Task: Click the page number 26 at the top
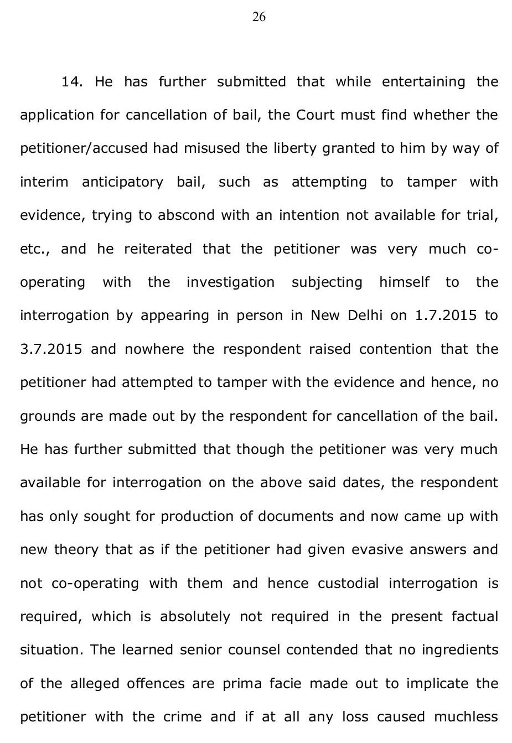(x=258, y=17)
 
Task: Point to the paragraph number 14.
(x=72, y=82)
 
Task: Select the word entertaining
(x=423, y=82)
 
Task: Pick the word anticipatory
(x=122, y=182)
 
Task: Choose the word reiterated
(x=158, y=249)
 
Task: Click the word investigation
(x=230, y=282)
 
